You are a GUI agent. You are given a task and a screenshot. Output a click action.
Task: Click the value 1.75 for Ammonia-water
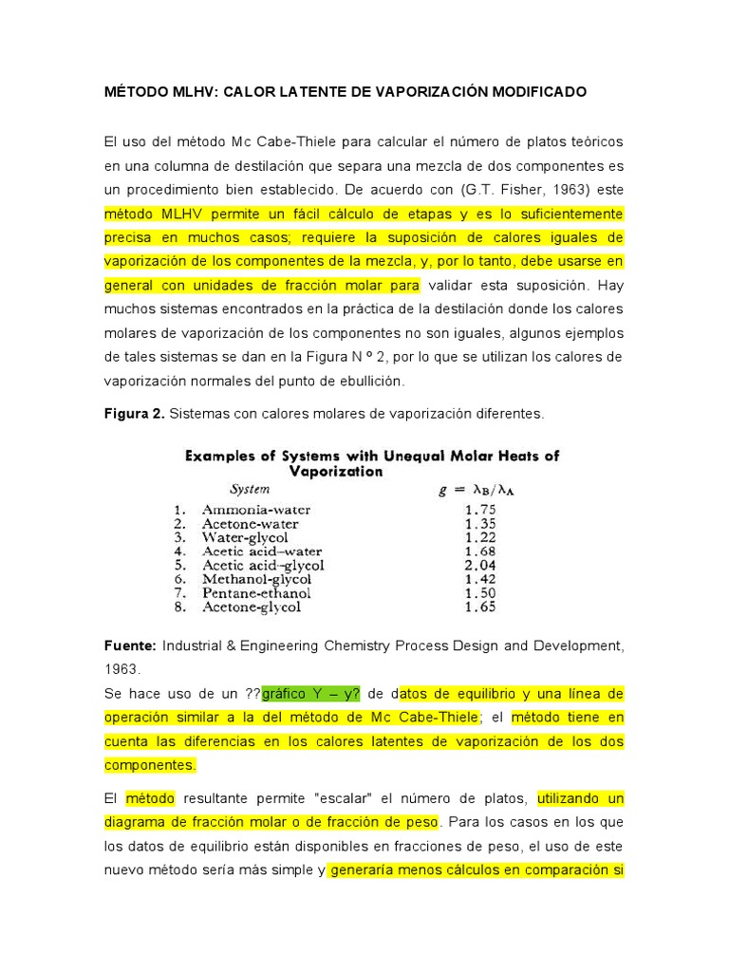(x=480, y=510)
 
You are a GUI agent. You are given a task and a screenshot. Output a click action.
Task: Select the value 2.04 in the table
(x=480, y=566)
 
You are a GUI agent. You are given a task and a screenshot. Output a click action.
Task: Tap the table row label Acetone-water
(x=250, y=524)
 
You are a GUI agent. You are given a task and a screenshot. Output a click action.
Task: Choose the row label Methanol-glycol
(x=255, y=579)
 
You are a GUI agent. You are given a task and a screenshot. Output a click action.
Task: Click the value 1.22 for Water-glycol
(x=480, y=537)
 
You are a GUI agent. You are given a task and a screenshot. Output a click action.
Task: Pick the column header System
(x=250, y=490)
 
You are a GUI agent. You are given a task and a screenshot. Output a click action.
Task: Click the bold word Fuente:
(x=131, y=645)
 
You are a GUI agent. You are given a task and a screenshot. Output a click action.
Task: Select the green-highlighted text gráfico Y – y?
(x=309, y=693)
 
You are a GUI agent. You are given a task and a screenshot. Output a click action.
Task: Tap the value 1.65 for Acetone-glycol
(x=480, y=607)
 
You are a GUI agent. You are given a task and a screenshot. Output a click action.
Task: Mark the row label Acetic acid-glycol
(x=263, y=566)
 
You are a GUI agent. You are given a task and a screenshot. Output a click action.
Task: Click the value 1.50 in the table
(x=480, y=593)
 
